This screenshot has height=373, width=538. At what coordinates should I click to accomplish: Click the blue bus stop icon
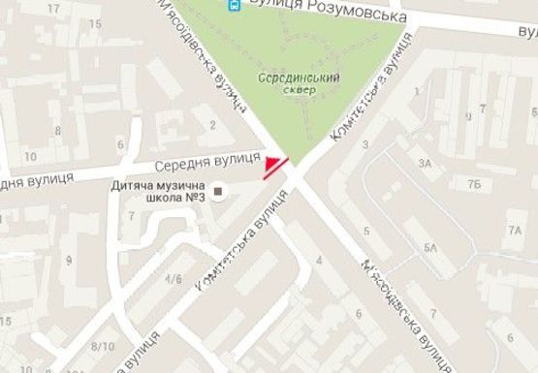tap(234, 5)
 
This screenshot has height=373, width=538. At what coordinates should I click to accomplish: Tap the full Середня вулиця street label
tap(210, 158)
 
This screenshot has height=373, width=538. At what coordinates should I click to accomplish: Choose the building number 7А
tap(513, 231)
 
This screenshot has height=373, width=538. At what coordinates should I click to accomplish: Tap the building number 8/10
tap(98, 346)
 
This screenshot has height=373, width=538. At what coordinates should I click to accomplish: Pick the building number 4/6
tap(174, 279)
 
